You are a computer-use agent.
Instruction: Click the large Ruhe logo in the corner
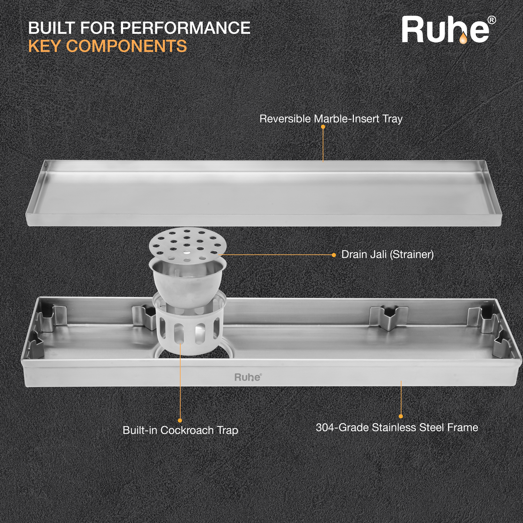(448, 30)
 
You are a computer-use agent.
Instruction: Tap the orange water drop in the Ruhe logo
(463, 38)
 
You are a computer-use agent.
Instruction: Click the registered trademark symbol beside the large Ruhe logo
(492, 20)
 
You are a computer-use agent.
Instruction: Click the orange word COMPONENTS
(127, 46)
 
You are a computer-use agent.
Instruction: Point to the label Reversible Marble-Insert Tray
(331, 119)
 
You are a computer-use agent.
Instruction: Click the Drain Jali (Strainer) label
(387, 255)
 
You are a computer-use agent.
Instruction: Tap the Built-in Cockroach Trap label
(181, 430)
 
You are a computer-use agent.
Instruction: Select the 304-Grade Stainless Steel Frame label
(397, 427)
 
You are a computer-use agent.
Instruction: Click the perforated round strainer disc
(188, 242)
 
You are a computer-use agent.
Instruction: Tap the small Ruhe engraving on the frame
(248, 377)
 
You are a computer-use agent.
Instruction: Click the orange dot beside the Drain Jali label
(334, 255)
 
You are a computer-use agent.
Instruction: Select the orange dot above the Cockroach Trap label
(180, 420)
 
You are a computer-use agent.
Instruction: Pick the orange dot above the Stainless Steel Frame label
(401, 416)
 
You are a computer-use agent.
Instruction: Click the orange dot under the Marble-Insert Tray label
(323, 127)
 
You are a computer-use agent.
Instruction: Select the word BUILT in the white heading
(51, 28)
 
